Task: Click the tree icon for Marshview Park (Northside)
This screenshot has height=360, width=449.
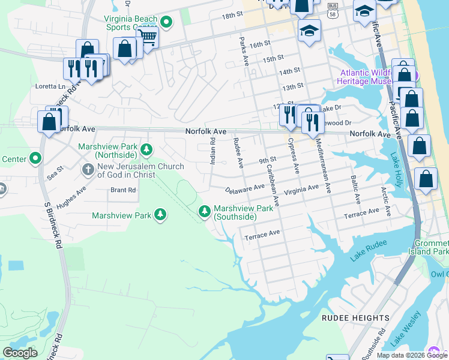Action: click(x=146, y=148)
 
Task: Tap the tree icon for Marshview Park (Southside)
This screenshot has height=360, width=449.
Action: click(x=204, y=210)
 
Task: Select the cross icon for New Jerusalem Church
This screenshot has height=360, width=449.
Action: click(x=88, y=170)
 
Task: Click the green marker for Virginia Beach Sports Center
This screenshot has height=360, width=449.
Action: click(x=167, y=23)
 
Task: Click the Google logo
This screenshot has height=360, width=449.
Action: click(x=20, y=353)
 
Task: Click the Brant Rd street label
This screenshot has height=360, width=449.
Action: click(x=123, y=190)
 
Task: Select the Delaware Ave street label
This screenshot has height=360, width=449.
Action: click(x=245, y=188)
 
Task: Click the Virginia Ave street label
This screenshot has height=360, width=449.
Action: click(x=301, y=188)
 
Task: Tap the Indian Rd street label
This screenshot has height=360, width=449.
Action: click(x=212, y=150)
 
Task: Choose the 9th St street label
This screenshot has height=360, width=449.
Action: click(x=267, y=160)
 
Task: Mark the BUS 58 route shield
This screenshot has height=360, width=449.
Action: click(x=333, y=10)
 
